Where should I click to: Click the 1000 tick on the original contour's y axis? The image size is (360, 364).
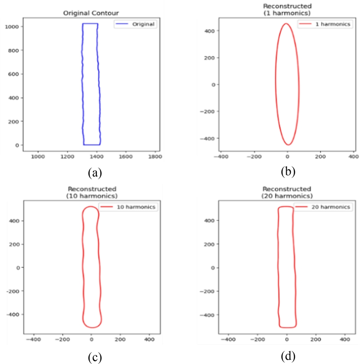[x=11, y=27]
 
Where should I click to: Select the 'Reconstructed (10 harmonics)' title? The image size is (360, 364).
[x=91, y=193]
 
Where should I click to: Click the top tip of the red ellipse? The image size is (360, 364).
[x=287, y=24]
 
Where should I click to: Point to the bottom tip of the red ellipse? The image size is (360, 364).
[x=288, y=145]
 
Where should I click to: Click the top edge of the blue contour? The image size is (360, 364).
[x=90, y=24]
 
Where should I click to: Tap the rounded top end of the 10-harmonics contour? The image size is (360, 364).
[x=91, y=207]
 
